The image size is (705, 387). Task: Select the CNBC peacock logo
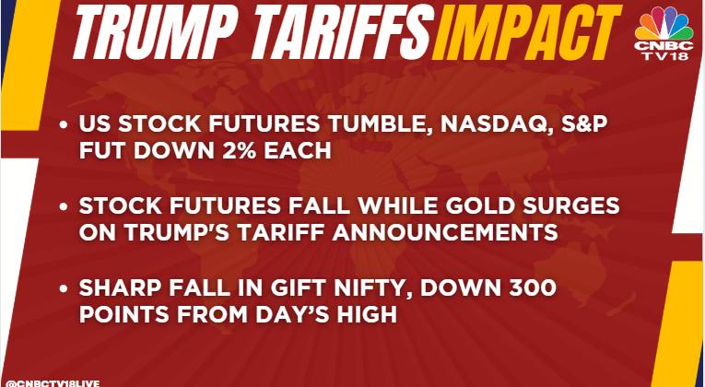point(664,23)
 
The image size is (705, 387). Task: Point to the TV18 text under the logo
point(664,55)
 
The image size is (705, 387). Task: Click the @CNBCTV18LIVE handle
point(53,383)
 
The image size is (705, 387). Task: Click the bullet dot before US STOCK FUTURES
point(64,125)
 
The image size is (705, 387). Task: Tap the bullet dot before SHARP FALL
point(64,288)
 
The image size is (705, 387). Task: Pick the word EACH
point(297,151)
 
